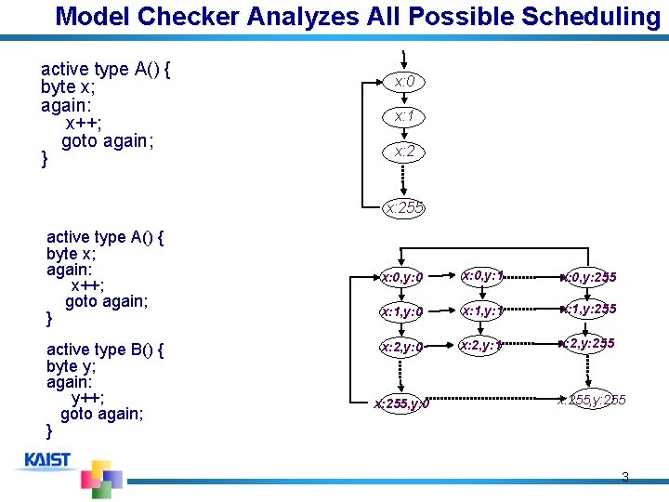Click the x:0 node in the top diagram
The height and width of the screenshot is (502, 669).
click(x=404, y=83)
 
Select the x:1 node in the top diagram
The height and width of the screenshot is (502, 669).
click(x=404, y=117)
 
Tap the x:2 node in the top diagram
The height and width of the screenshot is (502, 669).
click(x=404, y=152)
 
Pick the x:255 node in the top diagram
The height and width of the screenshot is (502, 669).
click(x=404, y=208)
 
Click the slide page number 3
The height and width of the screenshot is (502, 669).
click(x=624, y=478)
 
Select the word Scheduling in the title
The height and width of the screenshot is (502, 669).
click(x=590, y=17)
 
